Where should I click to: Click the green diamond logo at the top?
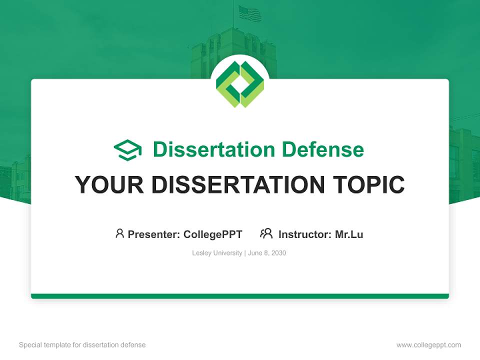tap(240, 84)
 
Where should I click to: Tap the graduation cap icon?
tap(127, 150)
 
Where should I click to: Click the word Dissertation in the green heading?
tap(214, 149)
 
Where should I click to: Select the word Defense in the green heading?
tap(323, 149)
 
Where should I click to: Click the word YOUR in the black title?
tap(109, 184)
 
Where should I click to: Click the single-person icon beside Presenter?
tap(119, 233)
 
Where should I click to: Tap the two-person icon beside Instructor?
tap(266, 233)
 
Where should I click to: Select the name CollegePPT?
tap(213, 234)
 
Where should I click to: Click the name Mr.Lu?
tap(349, 234)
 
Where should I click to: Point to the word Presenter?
tap(154, 234)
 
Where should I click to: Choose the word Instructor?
tap(305, 234)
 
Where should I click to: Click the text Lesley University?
tap(217, 253)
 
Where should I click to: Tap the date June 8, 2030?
tap(267, 253)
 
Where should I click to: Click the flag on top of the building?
tap(250, 13)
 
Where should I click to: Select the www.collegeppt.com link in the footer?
tap(428, 345)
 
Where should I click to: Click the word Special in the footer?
tap(30, 345)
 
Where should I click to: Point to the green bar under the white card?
tap(240, 296)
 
